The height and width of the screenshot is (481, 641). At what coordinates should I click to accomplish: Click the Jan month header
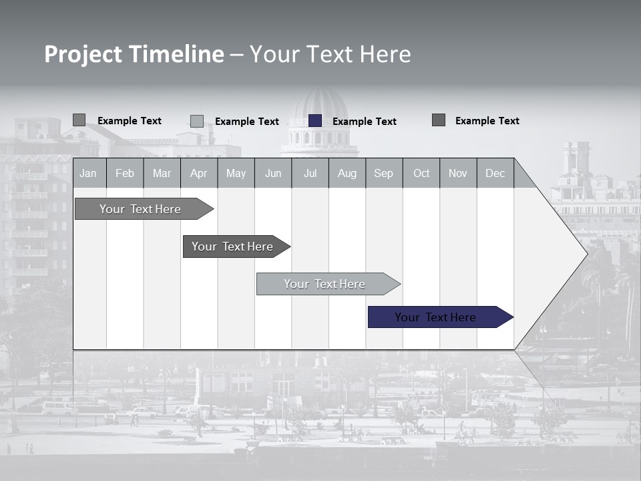[x=89, y=173]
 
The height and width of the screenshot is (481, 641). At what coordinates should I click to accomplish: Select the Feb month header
[x=125, y=173]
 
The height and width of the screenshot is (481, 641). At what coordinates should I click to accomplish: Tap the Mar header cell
[x=162, y=173]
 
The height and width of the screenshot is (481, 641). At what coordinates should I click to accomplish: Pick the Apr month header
[x=199, y=173]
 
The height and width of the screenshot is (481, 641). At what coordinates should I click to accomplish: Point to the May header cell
[x=236, y=173]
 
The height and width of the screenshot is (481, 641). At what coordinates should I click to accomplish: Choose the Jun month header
[x=273, y=173]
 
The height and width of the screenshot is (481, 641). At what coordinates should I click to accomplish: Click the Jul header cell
[x=310, y=173]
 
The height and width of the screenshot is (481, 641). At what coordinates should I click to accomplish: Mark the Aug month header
[x=347, y=173]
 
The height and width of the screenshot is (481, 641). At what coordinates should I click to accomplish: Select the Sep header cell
[x=384, y=173]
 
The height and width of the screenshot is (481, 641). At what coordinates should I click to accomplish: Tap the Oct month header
[x=421, y=173]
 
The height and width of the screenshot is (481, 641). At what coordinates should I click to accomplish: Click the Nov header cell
[x=458, y=173]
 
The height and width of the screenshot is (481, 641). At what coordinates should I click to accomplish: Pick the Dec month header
[x=495, y=173]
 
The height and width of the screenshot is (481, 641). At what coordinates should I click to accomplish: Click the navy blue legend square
[x=315, y=121]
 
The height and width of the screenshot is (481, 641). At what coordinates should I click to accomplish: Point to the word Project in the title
[x=83, y=54]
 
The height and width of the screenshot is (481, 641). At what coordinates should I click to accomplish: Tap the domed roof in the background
[x=321, y=107]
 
